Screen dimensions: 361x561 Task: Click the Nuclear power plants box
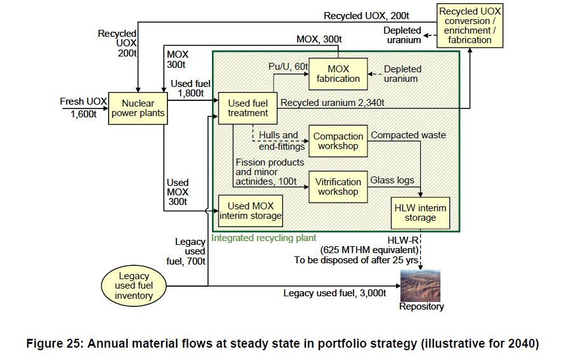tap(138, 108)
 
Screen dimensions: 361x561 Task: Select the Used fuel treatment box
tap(247, 108)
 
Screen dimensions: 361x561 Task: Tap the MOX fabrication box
tap(338, 74)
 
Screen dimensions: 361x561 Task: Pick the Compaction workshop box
tap(338, 141)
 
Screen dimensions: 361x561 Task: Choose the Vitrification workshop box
tap(338, 187)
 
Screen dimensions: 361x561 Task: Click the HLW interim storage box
tap(420, 213)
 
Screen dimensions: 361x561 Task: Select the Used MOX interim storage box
tap(250, 211)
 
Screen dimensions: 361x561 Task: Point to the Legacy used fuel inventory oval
tap(134, 286)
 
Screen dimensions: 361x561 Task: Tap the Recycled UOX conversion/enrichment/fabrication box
tap(470, 25)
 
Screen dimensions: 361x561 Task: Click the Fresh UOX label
tap(83, 102)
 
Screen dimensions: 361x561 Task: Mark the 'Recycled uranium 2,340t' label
tap(332, 102)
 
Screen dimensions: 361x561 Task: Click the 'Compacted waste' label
tap(408, 135)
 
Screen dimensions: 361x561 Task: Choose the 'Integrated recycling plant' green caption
tap(263, 239)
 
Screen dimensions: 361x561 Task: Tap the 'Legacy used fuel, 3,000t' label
tap(334, 293)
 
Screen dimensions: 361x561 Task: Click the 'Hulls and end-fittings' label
tap(280, 141)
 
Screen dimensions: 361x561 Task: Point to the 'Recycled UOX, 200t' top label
tap(367, 16)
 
